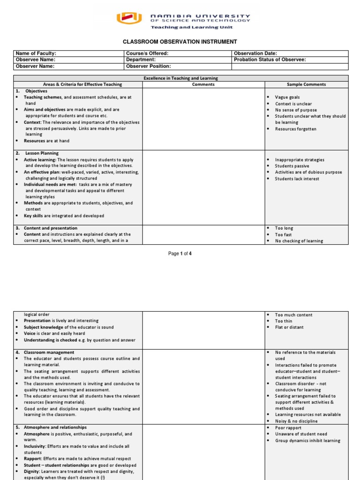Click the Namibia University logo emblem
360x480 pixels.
(x=129, y=18)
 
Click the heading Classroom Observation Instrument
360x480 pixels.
(x=180, y=42)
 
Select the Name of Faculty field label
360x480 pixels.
(x=36, y=54)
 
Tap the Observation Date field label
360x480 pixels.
(x=255, y=54)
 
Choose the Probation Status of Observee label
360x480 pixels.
(x=270, y=60)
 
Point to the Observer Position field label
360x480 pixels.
(x=149, y=67)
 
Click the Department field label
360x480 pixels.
(x=141, y=60)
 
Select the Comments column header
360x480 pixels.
(x=203, y=84)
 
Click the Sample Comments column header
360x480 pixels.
(x=307, y=84)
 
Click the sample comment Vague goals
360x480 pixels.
(x=287, y=97)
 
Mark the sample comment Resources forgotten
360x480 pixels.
(x=295, y=129)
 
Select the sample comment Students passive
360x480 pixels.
(x=292, y=166)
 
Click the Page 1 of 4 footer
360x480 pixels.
(x=180, y=254)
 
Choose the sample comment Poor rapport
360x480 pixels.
(x=288, y=428)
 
